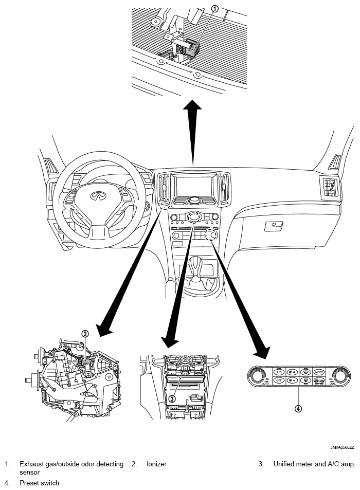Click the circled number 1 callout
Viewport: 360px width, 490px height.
coord(215,9)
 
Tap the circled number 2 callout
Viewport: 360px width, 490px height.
coord(85,333)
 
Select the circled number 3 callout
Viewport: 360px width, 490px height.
coord(173,397)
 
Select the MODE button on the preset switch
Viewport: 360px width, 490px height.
coord(319,371)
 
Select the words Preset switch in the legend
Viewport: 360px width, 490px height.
coord(39,483)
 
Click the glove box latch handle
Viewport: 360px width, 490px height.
coord(272,225)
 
